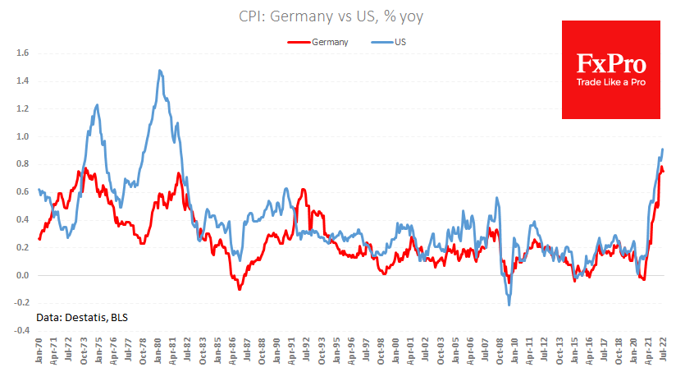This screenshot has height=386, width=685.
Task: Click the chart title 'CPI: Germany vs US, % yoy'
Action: [342, 16]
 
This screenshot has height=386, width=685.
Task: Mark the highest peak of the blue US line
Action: [160, 71]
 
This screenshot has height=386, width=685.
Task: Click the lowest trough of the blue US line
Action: [509, 306]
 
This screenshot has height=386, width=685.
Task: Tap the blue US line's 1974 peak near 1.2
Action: [97, 105]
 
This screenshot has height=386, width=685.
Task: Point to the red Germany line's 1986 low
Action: [240, 289]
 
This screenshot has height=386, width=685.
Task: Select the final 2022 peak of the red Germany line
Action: [661, 167]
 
